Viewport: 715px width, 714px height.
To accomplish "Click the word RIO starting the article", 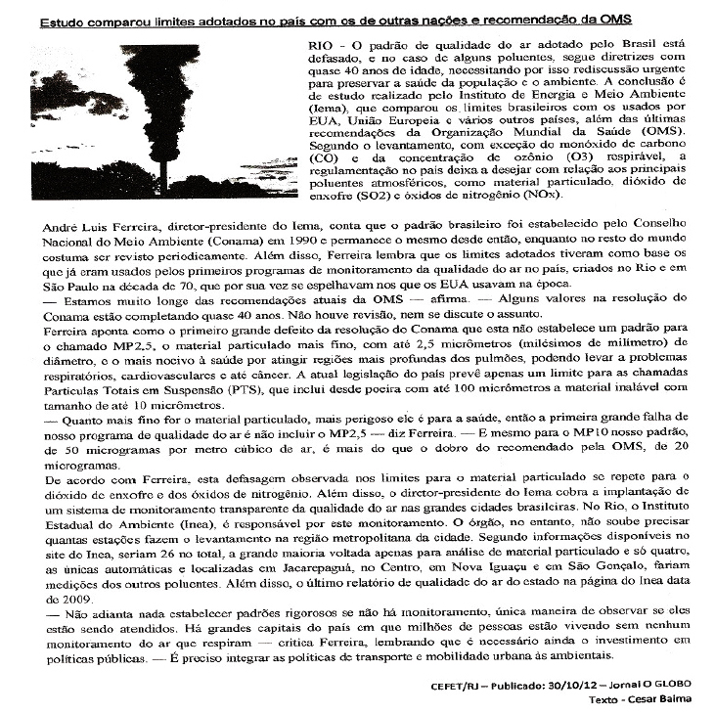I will [x=321, y=46].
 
